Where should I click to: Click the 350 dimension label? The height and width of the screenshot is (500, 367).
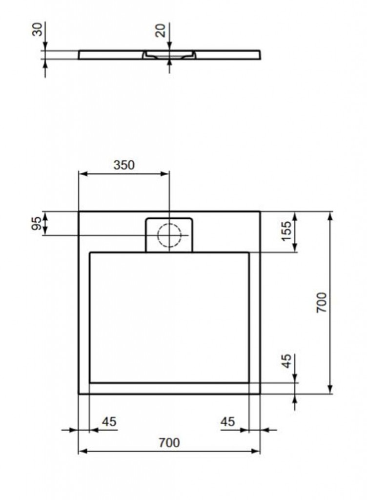pyautogui.click(x=124, y=165)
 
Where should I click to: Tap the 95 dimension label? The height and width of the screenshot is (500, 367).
pyautogui.click(x=37, y=223)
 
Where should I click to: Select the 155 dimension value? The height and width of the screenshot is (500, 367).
pyautogui.click(x=287, y=231)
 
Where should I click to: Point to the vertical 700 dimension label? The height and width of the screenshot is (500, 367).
pyautogui.click(x=322, y=302)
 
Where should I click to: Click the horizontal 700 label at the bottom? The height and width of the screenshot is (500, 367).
pyautogui.click(x=169, y=442)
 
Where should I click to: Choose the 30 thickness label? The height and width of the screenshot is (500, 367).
pyautogui.click(x=37, y=29)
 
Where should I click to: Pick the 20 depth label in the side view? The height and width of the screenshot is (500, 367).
pyautogui.click(x=161, y=31)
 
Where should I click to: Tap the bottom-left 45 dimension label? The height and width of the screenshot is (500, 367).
pyautogui.click(x=109, y=421)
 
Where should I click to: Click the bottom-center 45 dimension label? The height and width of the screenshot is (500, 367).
pyautogui.click(x=227, y=421)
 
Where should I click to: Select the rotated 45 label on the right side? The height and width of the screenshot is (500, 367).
pyautogui.click(x=287, y=361)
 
